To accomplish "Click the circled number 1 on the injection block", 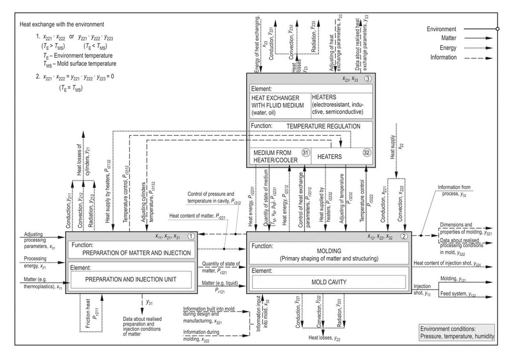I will point(192,235).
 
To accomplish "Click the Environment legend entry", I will point(442,29).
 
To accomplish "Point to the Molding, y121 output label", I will point(458,279).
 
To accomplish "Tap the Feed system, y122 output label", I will point(462,294).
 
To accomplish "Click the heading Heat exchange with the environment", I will point(62,24).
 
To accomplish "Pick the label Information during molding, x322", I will point(203,336).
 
